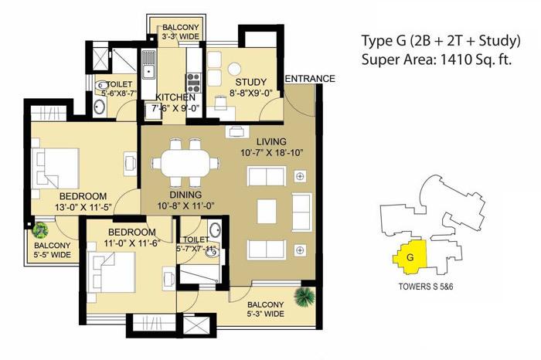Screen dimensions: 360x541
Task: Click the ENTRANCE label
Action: point(310,79)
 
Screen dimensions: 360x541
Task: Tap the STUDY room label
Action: point(251,83)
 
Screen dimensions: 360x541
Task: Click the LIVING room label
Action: point(272,141)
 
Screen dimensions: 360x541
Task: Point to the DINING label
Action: point(185,195)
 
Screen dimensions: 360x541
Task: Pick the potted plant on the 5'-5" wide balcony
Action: point(40,229)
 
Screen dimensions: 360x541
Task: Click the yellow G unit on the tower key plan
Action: point(410,257)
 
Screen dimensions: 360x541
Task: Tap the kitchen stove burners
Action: point(194,82)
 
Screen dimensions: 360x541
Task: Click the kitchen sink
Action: point(148,69)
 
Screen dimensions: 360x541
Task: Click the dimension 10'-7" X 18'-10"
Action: point(271,154)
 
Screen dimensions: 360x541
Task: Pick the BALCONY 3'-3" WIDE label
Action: point(179,32)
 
